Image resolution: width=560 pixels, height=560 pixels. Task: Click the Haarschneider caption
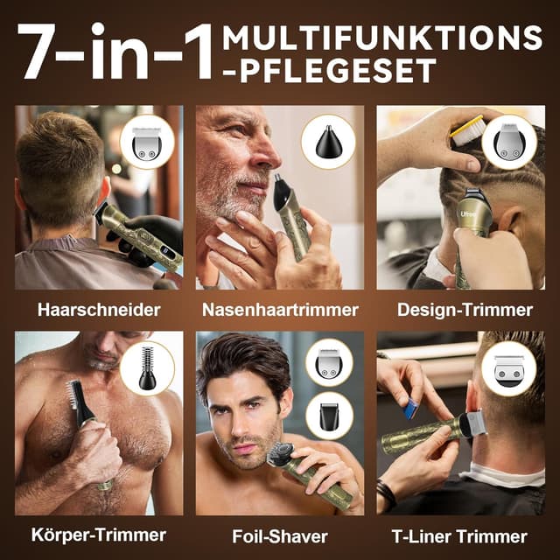pos(98,310)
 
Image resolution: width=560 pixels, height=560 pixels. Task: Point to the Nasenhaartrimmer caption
pos(280,310)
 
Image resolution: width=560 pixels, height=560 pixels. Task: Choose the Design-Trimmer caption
pos(465,310)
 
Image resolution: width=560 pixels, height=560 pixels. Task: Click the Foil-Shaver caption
pos(280,534)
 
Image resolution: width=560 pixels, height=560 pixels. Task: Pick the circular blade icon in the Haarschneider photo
pos(146,142)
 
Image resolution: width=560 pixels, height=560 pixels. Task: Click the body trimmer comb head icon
pos(147,367)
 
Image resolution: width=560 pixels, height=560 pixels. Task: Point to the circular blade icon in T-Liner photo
pos(508,367)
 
